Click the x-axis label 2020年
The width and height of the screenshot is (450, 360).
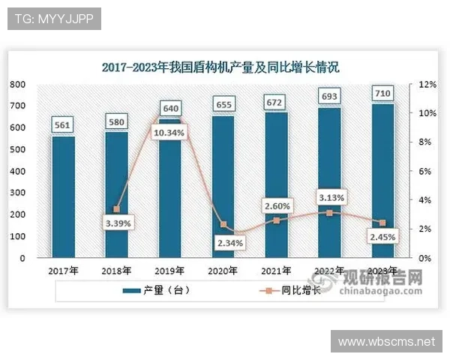point(223,271)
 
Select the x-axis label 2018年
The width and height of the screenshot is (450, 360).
point(117,271)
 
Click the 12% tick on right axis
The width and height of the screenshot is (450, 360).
point(427,85)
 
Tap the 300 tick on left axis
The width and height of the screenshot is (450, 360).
point(18,193)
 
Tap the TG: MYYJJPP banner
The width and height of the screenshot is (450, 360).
point(53,19)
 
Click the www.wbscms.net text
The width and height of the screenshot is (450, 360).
point(386,341)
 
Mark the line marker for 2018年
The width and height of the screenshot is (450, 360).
point(116,209)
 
